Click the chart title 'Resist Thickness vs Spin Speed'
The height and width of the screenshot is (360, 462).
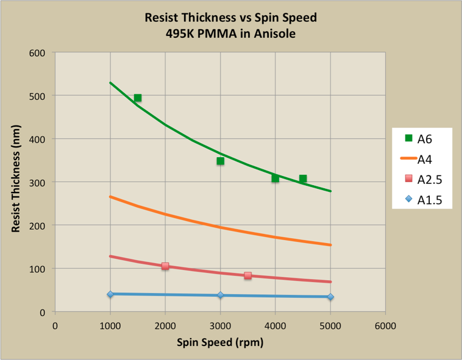coord(230,17)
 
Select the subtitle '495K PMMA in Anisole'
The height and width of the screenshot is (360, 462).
coord(230,34)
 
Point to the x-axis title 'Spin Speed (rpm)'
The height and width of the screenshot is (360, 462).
coord(220,342)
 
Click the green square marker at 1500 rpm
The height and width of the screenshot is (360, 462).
coord(138,98)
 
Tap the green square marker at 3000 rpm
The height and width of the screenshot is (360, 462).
coord(220,161)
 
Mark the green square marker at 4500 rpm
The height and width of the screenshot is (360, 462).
coord(303,178)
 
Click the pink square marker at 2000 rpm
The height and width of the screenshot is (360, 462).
coord(165,266)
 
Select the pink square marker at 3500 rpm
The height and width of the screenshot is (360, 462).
coord(248,275)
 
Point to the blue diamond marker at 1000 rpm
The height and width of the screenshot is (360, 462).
coord(110,294)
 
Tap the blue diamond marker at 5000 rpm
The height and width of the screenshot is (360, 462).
coord(330,297)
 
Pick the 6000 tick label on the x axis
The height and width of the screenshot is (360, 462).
coord(385,325)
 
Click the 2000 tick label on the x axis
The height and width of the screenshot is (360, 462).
coord(165,325)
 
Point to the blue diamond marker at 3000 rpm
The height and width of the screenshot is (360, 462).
coord(220,295)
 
